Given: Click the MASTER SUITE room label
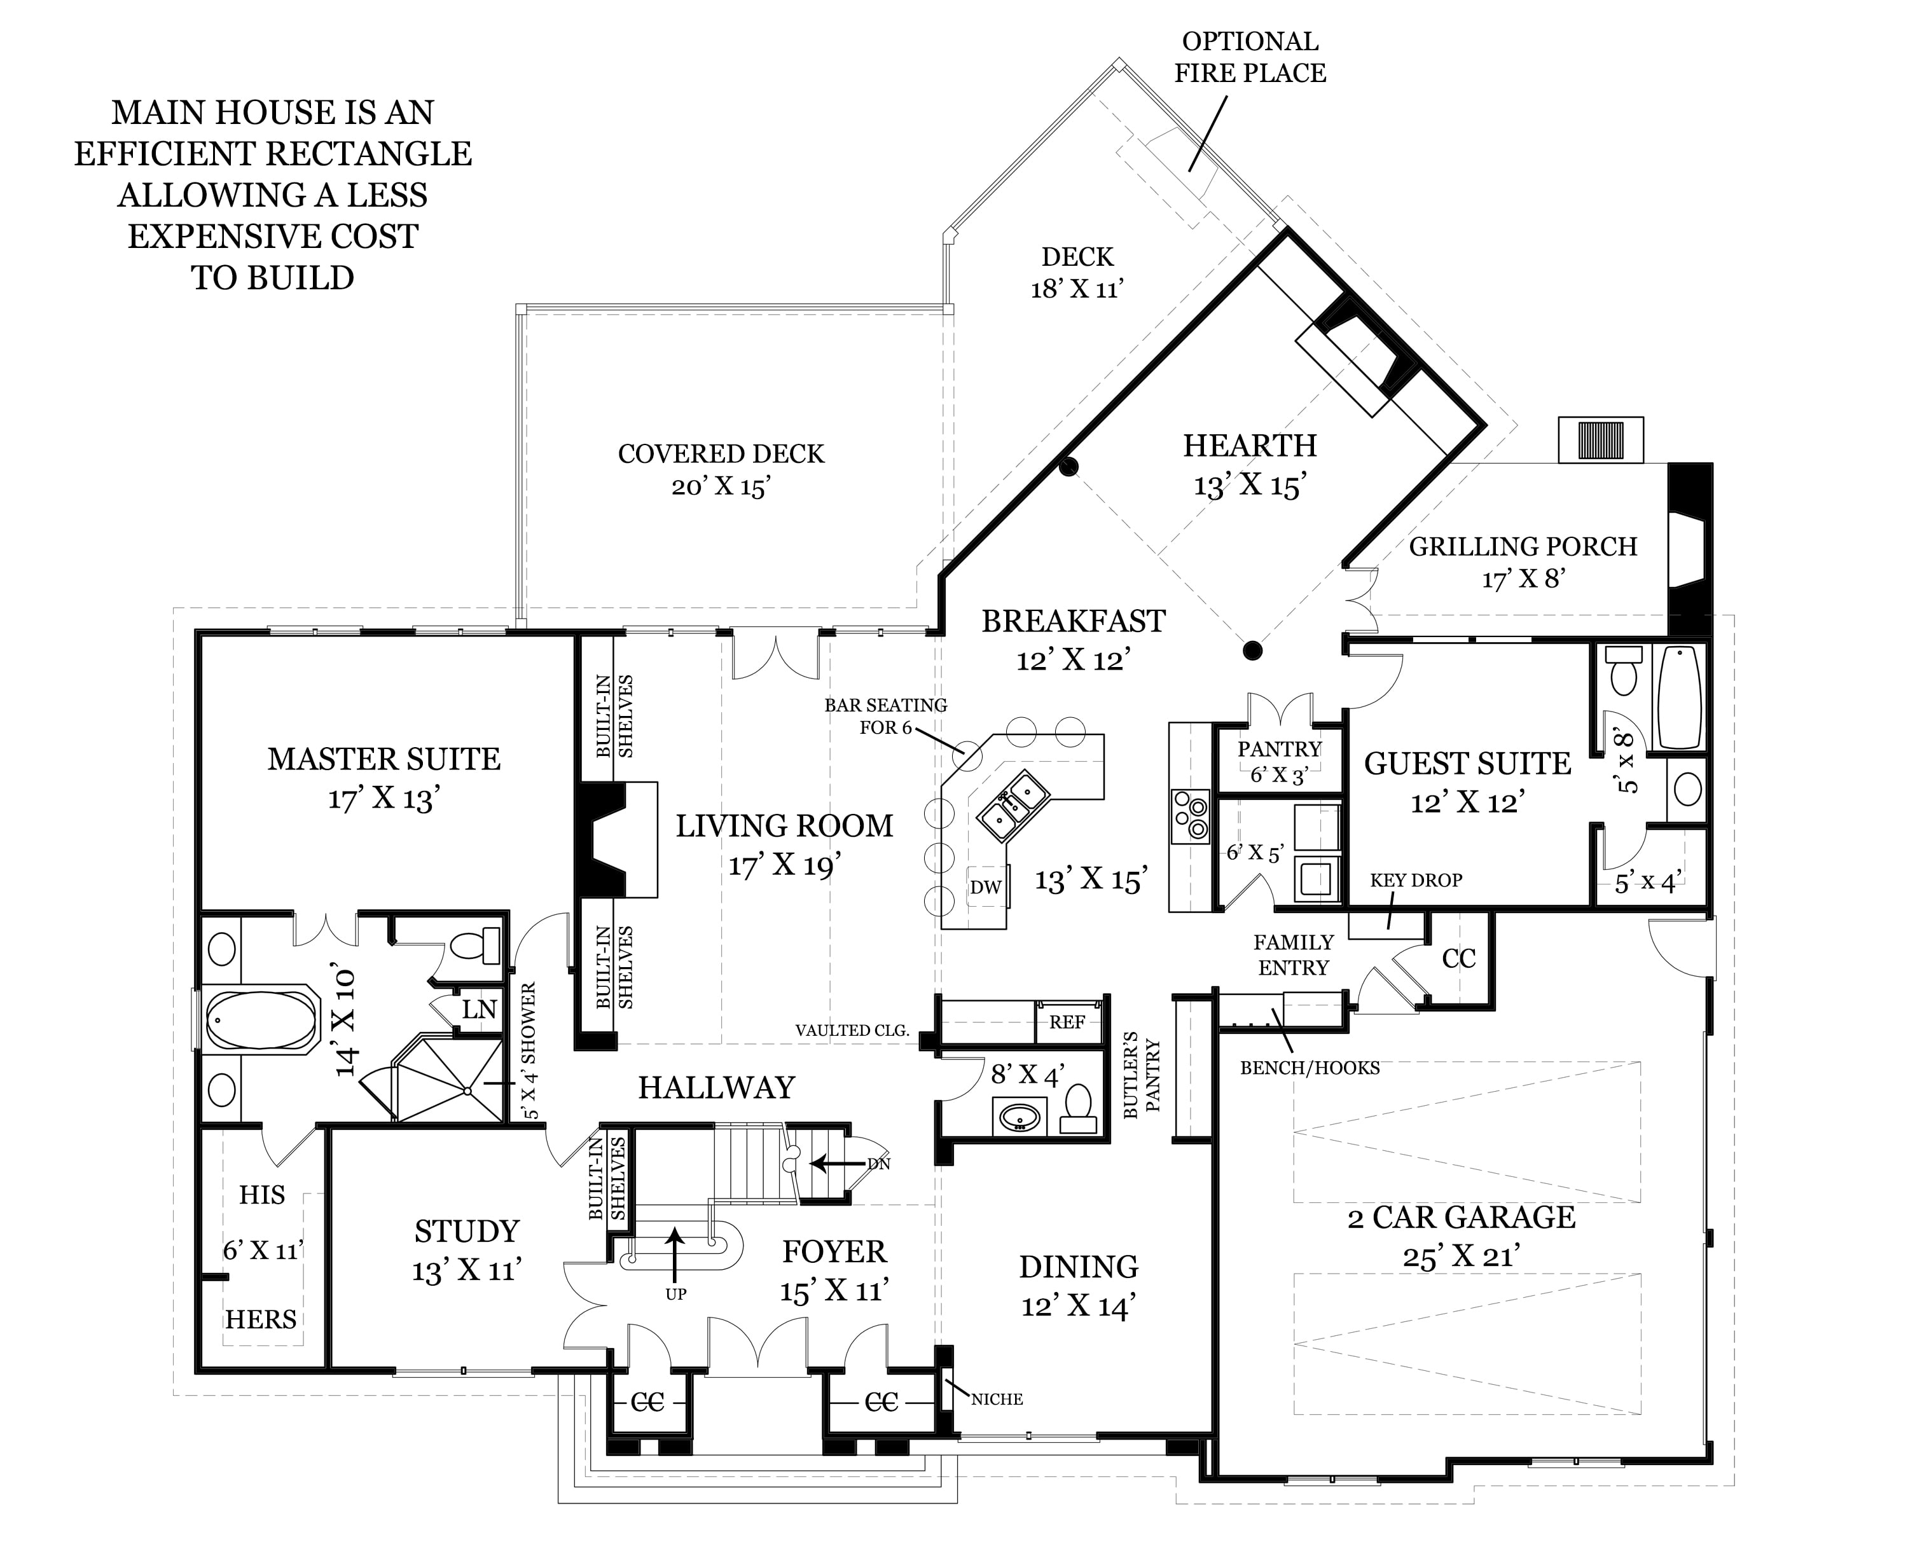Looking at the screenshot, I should coord(384,759).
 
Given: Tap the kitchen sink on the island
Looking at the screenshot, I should coord(1014,805).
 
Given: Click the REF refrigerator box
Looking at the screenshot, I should coord(1067,1022).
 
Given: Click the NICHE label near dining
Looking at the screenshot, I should coord(997,1399).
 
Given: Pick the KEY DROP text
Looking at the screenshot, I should coord(1416,880).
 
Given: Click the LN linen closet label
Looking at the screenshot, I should coord(480,1009).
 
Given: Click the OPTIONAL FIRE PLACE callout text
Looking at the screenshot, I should coord(1250,57).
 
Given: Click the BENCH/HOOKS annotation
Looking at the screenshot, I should coord(1309,1068).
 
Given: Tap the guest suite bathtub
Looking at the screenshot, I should coord(1680,697).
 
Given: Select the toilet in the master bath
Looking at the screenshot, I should coord(474,945).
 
